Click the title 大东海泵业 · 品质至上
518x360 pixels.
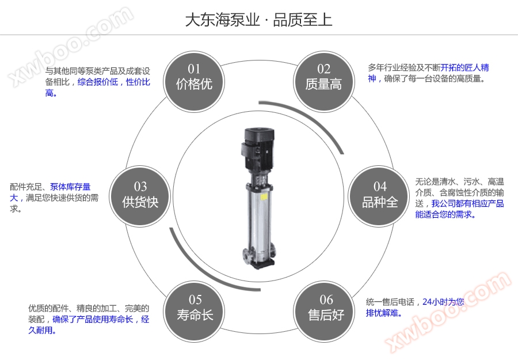tap(258, 20)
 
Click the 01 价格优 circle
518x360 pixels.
tap(194, 77)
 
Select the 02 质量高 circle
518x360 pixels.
tap(323, 77)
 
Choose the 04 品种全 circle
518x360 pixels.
tap(380, 195)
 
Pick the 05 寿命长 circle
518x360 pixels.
tap(195, 308)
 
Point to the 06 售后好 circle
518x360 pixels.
tap(326, 308)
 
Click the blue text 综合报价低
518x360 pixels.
tap(97, 82)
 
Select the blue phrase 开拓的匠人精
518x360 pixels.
tap(465, 68)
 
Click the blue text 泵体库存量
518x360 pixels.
tap(70, 187)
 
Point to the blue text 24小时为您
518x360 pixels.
tap(443, 302)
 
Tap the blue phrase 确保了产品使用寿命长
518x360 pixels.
tap(93, 319)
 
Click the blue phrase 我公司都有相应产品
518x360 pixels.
tap(467, 203)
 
